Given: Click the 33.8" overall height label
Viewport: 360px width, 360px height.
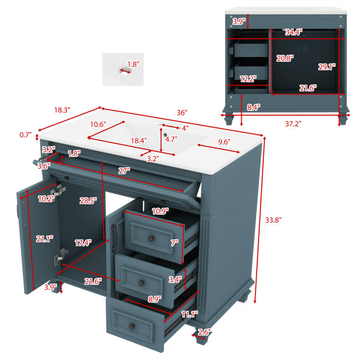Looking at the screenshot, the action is pos(273,220).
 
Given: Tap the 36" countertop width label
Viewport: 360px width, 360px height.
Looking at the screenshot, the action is pos(182,113).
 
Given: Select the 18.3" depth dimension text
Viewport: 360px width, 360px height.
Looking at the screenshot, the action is pos(62,110).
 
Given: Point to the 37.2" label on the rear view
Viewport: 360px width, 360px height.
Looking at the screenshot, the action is pos(293,124).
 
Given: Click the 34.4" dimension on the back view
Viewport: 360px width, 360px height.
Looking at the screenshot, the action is pos(293,32).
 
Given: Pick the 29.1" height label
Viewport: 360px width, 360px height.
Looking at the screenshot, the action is pos(327,67).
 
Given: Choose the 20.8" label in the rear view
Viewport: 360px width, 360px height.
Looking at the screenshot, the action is pos(285,58).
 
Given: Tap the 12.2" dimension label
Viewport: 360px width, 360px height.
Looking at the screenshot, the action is pos(248,79).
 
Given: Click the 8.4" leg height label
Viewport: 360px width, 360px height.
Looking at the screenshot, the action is pos(254,107).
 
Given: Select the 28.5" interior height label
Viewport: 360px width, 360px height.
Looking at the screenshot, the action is pos(88,200).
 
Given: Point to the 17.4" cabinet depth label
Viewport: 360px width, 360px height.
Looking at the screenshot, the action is pos(83,242).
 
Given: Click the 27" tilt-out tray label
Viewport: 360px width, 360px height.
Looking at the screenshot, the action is pos(124,170).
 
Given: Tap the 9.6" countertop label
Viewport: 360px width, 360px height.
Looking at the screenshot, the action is pos(224,142).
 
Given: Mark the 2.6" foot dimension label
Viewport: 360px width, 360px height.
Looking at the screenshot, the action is pos(205,332).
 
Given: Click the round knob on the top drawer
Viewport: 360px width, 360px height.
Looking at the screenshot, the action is pos(151,239).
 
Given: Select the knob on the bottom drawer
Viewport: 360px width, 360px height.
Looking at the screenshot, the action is pos(131,326).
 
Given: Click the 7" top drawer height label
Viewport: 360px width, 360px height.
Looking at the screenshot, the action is pos(175,242).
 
